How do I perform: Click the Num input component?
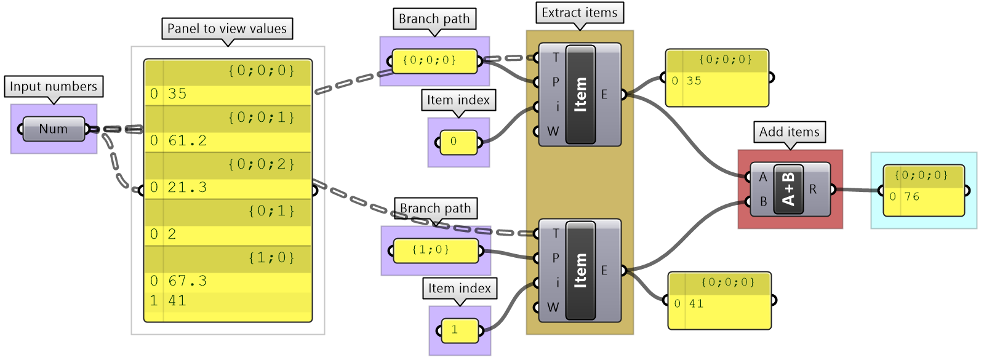tap(54, 129)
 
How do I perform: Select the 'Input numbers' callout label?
tap(54, 87)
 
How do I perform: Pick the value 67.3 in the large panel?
tap(187, 281)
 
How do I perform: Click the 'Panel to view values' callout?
tap(227, 29)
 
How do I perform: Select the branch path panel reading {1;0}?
tap(436, 250)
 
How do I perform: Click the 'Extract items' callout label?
tap(579, 13)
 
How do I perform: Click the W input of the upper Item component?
tap(553, 131)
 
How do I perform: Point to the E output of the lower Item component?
tap(604, 270)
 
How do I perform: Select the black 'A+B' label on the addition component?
tap(788, 190)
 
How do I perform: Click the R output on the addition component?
tap(813, 190)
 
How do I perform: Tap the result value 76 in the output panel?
tap(911, 197)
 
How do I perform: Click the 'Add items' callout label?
tap(789, 132)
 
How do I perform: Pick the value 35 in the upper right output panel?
tap(694, 81)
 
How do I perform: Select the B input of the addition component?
tap(763, 201)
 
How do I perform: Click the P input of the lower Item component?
tap(555, 258)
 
